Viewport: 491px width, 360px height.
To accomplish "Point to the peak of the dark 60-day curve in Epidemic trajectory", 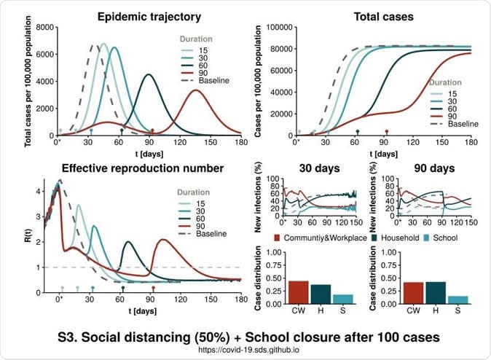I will pyautogui.click(x=149, y=74).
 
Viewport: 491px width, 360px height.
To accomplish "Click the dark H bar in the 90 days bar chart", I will pyautogui.click(x=434, y=291).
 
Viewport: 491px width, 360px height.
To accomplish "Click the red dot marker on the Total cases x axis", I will pyautogui.click(x=387, y=132).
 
